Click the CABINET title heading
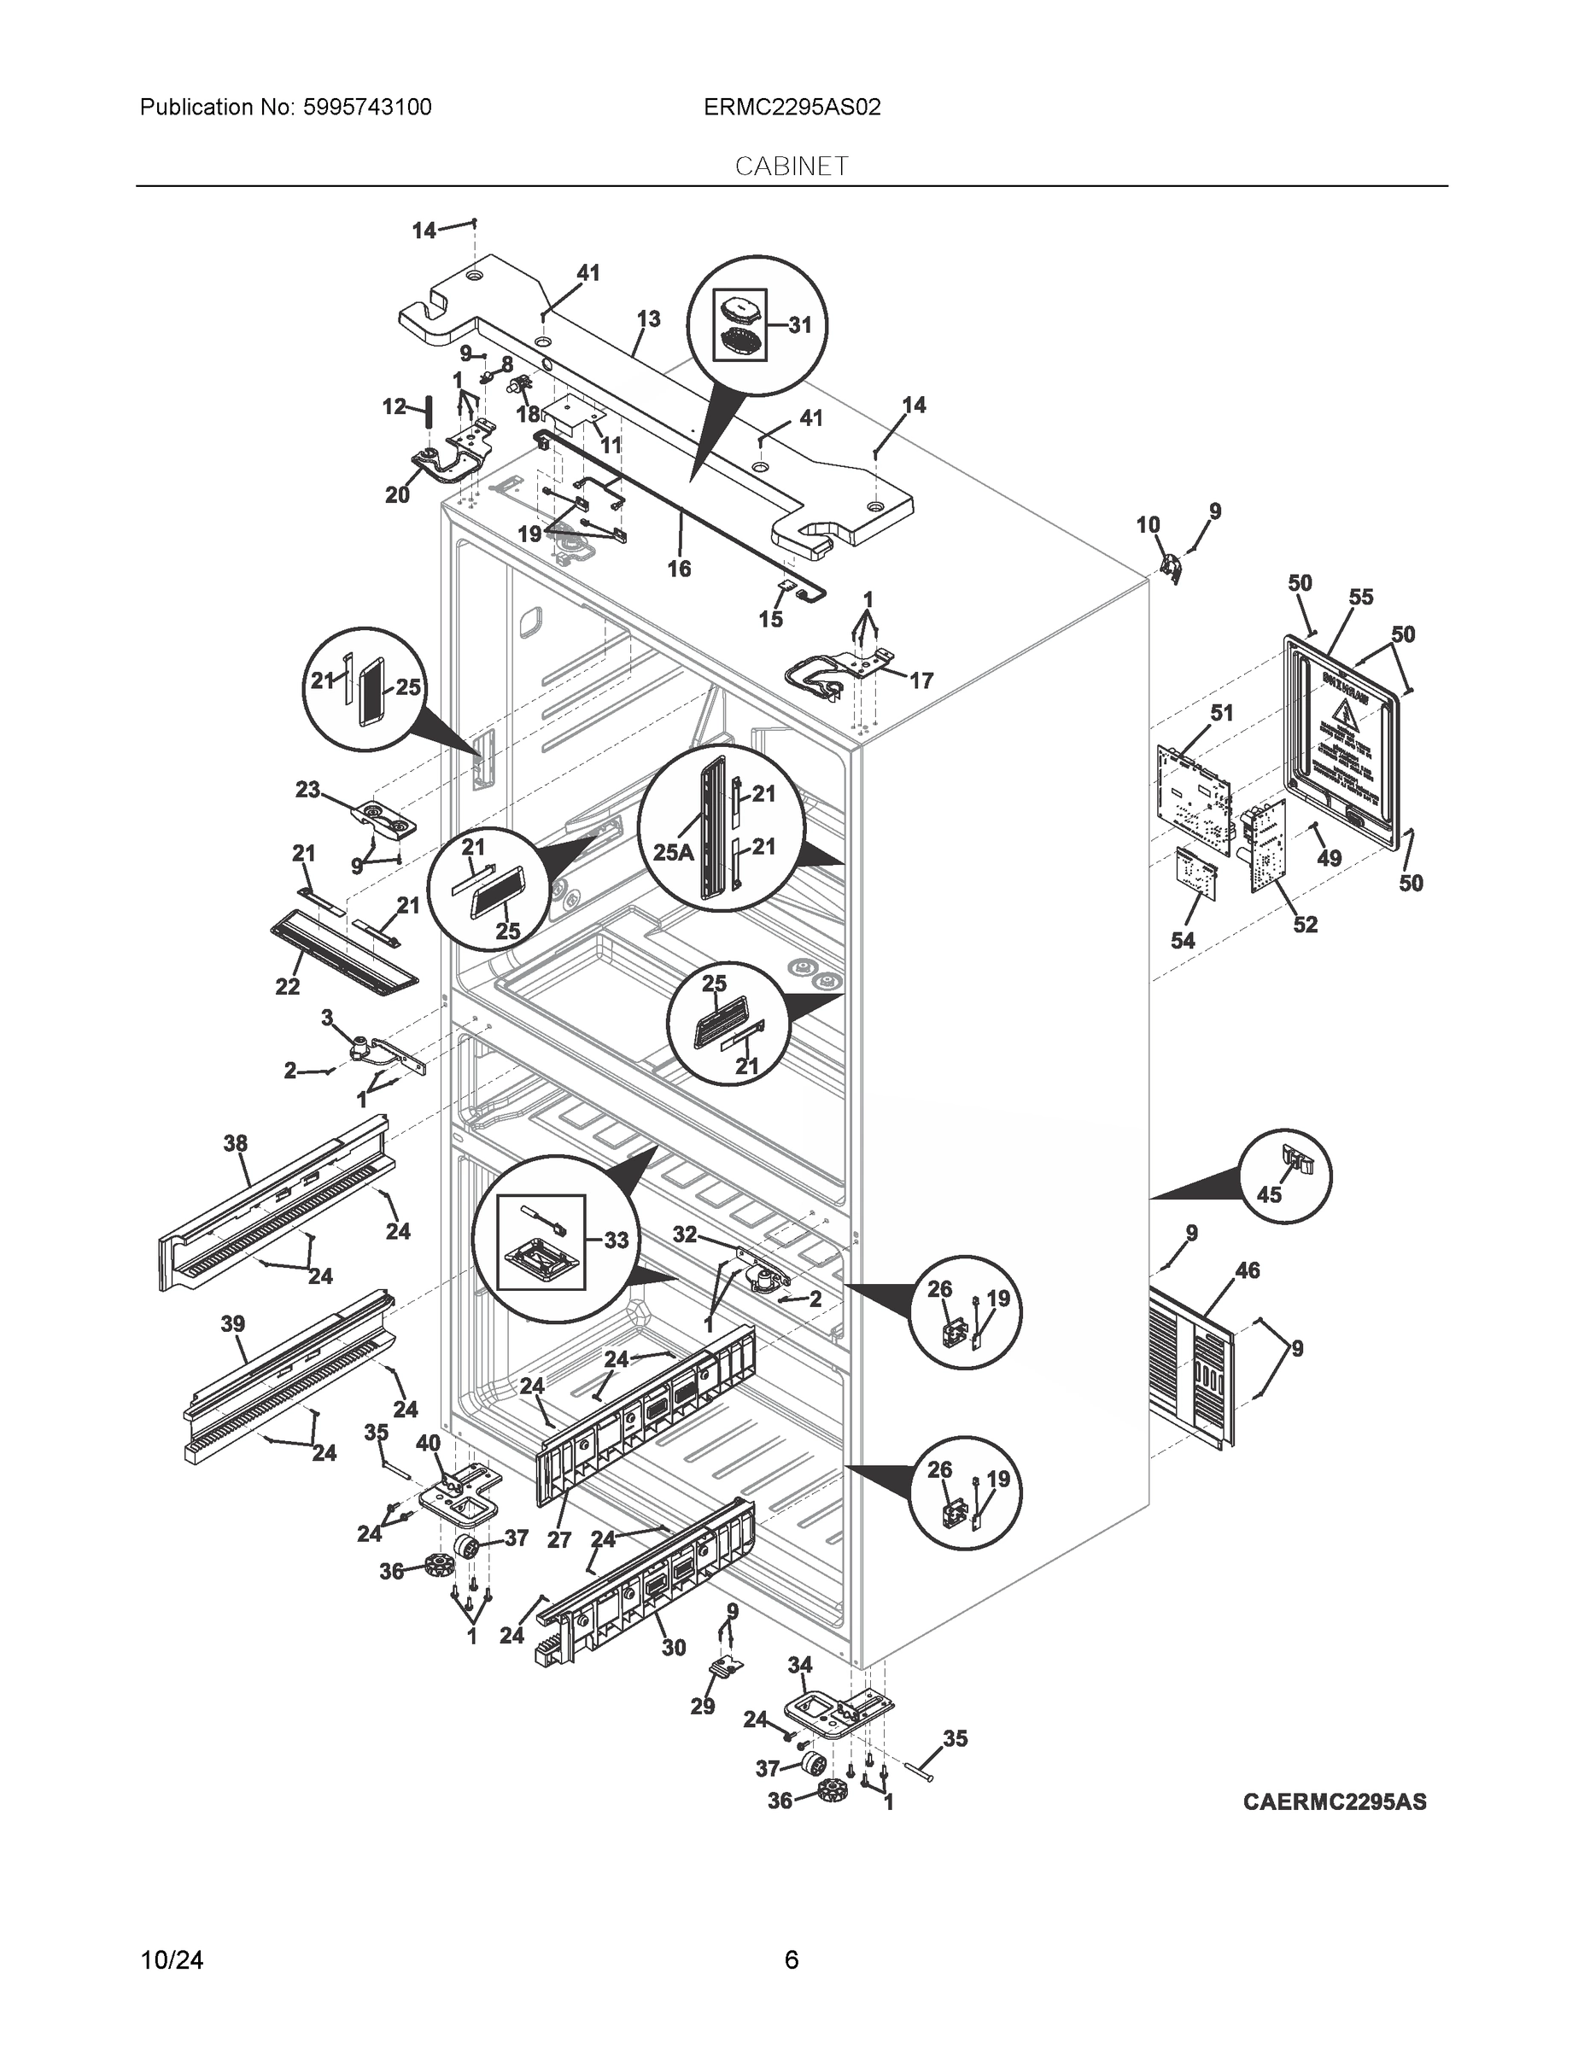[x=791, y=166]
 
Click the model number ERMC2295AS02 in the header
[x=792, y=107]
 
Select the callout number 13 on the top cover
[x=647, y=319]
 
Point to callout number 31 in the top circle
[x=799, y=324]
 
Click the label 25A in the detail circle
[x=673, y=852]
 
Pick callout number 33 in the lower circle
[x=616, y=1240]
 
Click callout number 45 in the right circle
[x=1269, y=1195]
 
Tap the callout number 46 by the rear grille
[x=1247, y=1270]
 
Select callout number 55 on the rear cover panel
[x=1360, y=597]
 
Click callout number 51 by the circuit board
[x=1221, y=713]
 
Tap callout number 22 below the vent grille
[x=287, y=986]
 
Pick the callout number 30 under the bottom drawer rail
[x=674, y=1648]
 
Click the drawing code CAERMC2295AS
[x=1335, y=1801]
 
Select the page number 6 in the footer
[x=791, y=1960]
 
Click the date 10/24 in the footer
[x=172, y=1960]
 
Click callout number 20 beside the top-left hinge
[x=397, y=494]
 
